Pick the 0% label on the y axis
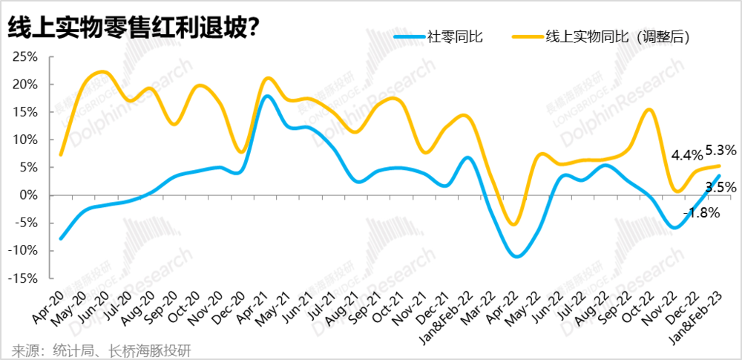tap(30, 195)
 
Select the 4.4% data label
tap(686, 156)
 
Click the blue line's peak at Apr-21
tap(268, 96)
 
